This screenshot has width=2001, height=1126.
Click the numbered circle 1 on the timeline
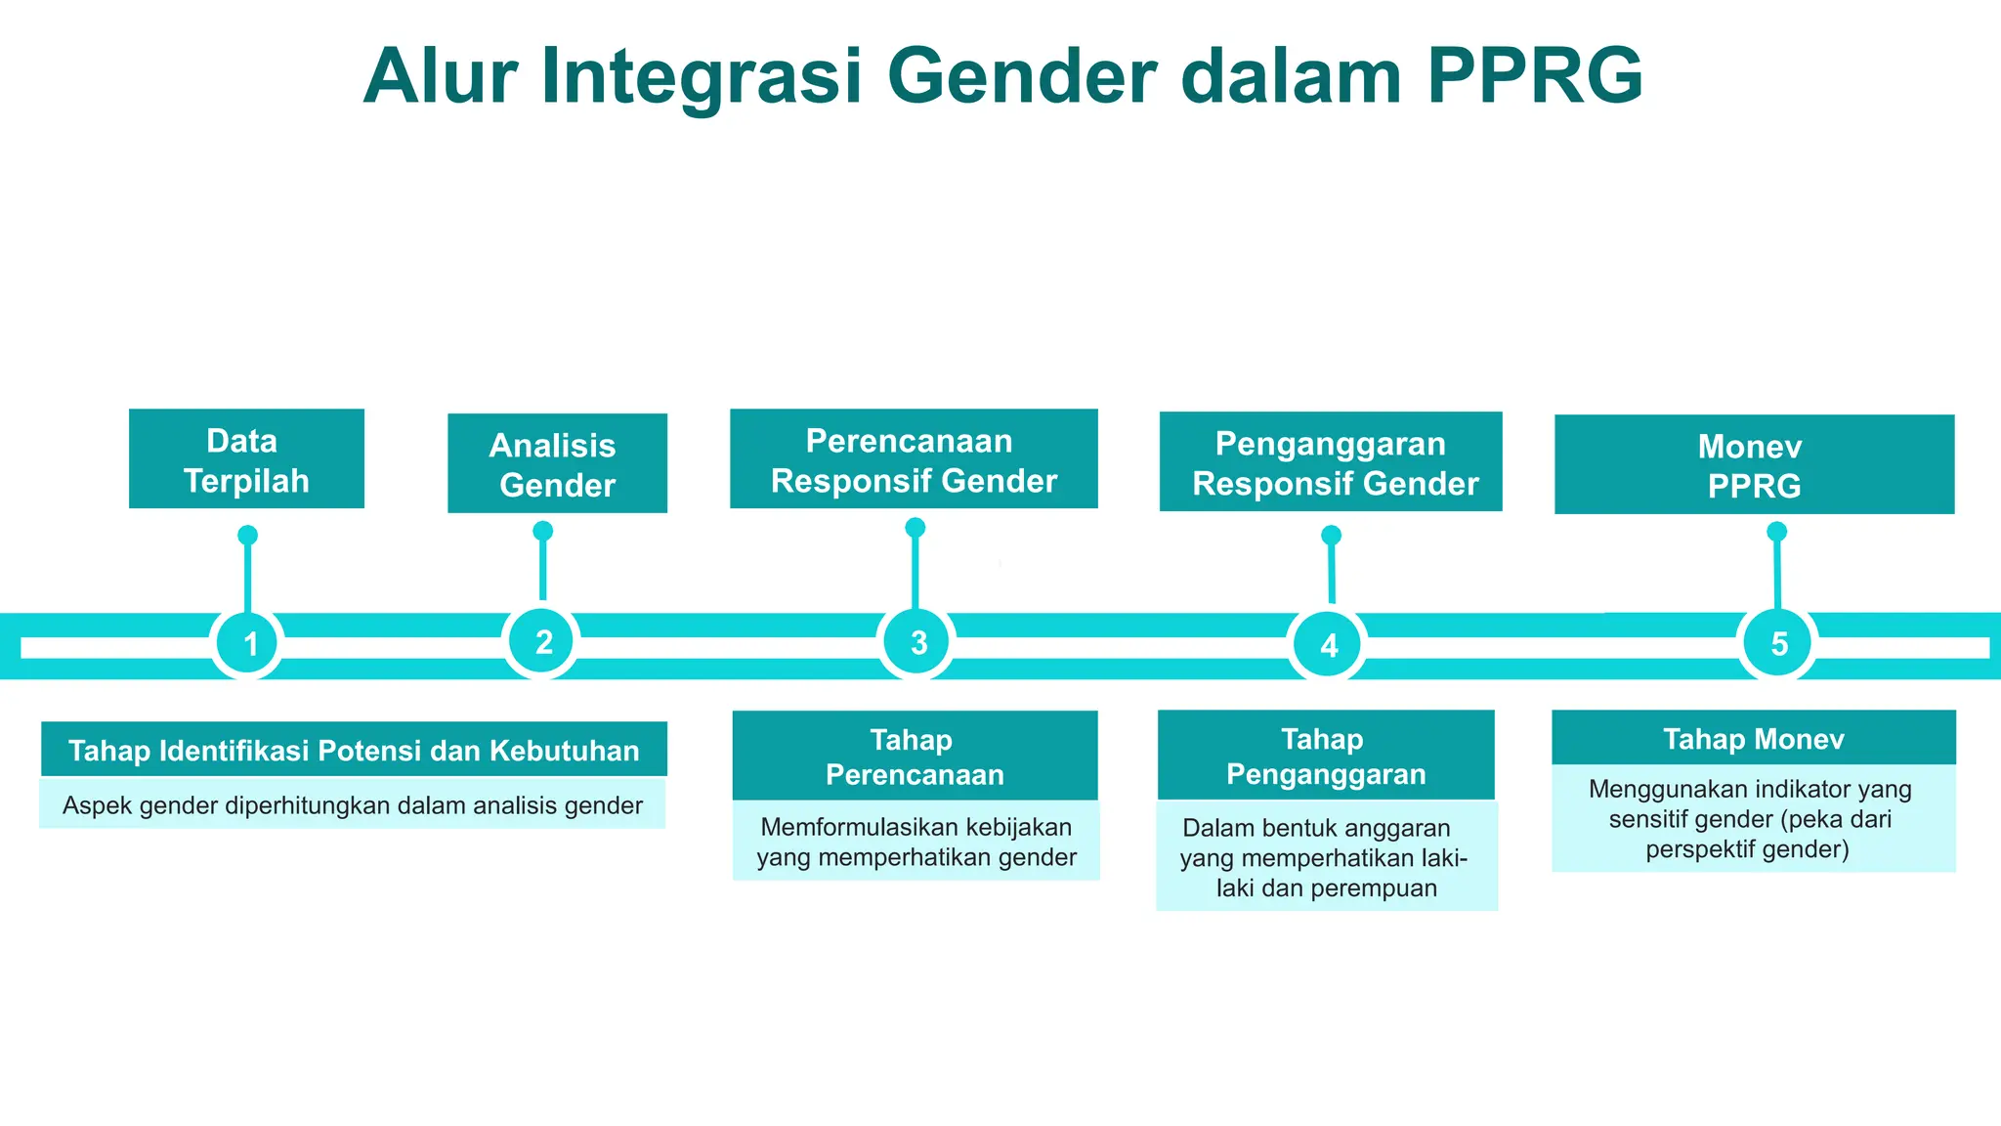pyautogui.click(x=248, y=643)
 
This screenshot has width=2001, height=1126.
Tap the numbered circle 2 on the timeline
pyautogui.click(x=542, y=641)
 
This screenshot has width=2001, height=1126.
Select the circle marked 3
pyautogui.click(x=917, y=642)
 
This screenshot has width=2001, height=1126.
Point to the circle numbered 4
pyautogui.click(x=1328, y=644)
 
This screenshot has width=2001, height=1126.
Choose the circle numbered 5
pyautogui.click(x=1778, y=642)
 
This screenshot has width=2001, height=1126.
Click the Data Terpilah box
pyautogui.click(x=246, y=459)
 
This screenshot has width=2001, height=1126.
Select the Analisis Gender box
pyautogui.click(x=557, y=463)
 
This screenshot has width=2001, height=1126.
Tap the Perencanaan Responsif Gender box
pyautogui.click(x=914, y=459)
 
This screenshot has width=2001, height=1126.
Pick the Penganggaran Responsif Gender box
pyautogui.click(x=1331, y=462)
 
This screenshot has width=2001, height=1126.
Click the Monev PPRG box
pyautogui.click(x=1754, y=464)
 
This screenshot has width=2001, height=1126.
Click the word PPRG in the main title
pyautogui.click(x=1534, y=76)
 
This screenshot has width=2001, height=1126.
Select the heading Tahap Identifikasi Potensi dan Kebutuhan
pyautogui.click(x=354, y=750)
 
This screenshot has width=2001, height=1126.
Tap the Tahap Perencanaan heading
pyautogui.click(x=915, y=757)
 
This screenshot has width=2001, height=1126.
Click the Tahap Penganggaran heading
pyautogui.click(x=1326, y=756)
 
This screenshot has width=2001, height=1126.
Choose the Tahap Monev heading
pyautogui.click(x=1754, y=738)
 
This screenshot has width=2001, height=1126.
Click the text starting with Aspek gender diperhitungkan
pyautogui.click(x=352, y=804)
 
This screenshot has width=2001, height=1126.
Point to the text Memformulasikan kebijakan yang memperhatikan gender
pyautogui.click(x=915, y=842)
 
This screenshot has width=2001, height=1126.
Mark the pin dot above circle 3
pyautogui.click(x=915, y=528)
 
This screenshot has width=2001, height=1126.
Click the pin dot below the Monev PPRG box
pyautogui.click(x=1777, y=532)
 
